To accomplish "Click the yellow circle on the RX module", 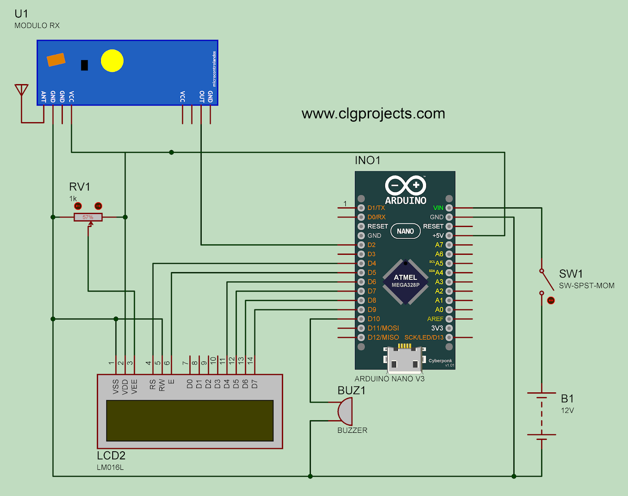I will (112, 61).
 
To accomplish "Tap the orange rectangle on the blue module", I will (56, 60).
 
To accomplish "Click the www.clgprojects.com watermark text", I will (373, 113).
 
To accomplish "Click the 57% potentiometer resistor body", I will (88, 217).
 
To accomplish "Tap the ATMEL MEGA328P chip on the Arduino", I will (405, 281).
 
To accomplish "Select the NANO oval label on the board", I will (405, 231).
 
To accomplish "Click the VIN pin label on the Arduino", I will (438, 208).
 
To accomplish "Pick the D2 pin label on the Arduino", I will (371, 245).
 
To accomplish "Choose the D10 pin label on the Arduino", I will (374, 319).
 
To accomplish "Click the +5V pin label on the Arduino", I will (438, 236).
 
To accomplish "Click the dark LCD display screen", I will (190, 421).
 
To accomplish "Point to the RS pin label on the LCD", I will (153, 384).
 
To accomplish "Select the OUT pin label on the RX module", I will (201, 97).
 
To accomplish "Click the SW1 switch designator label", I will (571, 274).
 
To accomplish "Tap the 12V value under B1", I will (567, 410).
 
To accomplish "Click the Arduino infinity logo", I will (405, 185).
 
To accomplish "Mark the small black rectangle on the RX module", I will (84, 65).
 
